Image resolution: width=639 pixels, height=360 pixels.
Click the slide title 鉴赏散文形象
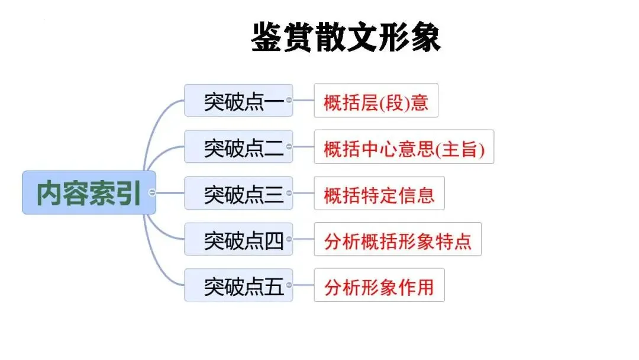(346, 37)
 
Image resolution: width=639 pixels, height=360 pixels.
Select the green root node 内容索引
(89, 193)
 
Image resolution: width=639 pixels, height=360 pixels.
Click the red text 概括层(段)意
(376, 102)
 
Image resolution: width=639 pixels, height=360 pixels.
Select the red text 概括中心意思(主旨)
(404, 147)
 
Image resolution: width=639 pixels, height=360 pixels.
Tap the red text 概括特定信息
(379, 194)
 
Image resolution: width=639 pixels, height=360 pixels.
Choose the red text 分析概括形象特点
(398, 240)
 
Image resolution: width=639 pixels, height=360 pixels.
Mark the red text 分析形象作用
(379, 287)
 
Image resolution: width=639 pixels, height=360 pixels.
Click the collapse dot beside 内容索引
(153, 193)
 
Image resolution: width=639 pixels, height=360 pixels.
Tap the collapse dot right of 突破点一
(289, 100)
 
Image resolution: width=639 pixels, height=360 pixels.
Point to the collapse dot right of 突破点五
(289, 285)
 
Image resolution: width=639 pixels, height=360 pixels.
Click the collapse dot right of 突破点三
(289, 192)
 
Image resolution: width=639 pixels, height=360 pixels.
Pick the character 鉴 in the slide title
(267, 37)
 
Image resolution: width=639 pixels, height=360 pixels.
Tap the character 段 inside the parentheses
(393, 102)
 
